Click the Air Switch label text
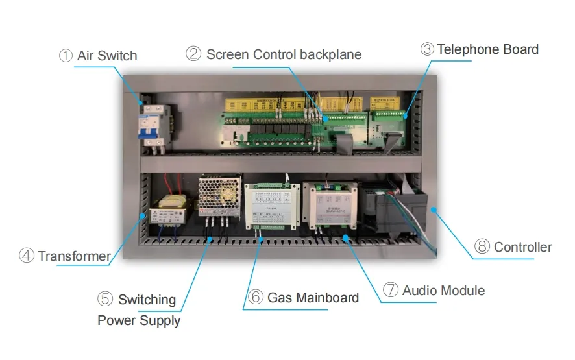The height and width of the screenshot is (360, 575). click(x=107, y=56)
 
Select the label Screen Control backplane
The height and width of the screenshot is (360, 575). click(x=284, y=54)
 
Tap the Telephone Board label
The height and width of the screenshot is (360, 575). click(x=487, y=49)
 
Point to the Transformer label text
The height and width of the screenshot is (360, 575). click(x=74, y=256)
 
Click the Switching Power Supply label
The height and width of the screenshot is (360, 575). click(x=140, y=310)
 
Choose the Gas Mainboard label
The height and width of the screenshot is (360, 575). click(x=313, y=298)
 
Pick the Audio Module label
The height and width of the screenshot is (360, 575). click(x=443, y=291)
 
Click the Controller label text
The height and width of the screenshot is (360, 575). click(x=522, y=247)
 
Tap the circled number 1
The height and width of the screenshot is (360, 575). click(x=66, y=56)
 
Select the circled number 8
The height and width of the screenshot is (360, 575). click(x=482, y=247)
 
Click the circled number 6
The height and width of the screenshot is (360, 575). click(x=256, y=298)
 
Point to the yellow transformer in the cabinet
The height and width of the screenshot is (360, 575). click(x=168, y=213)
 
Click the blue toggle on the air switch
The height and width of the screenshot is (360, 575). click(x=149, y=127)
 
